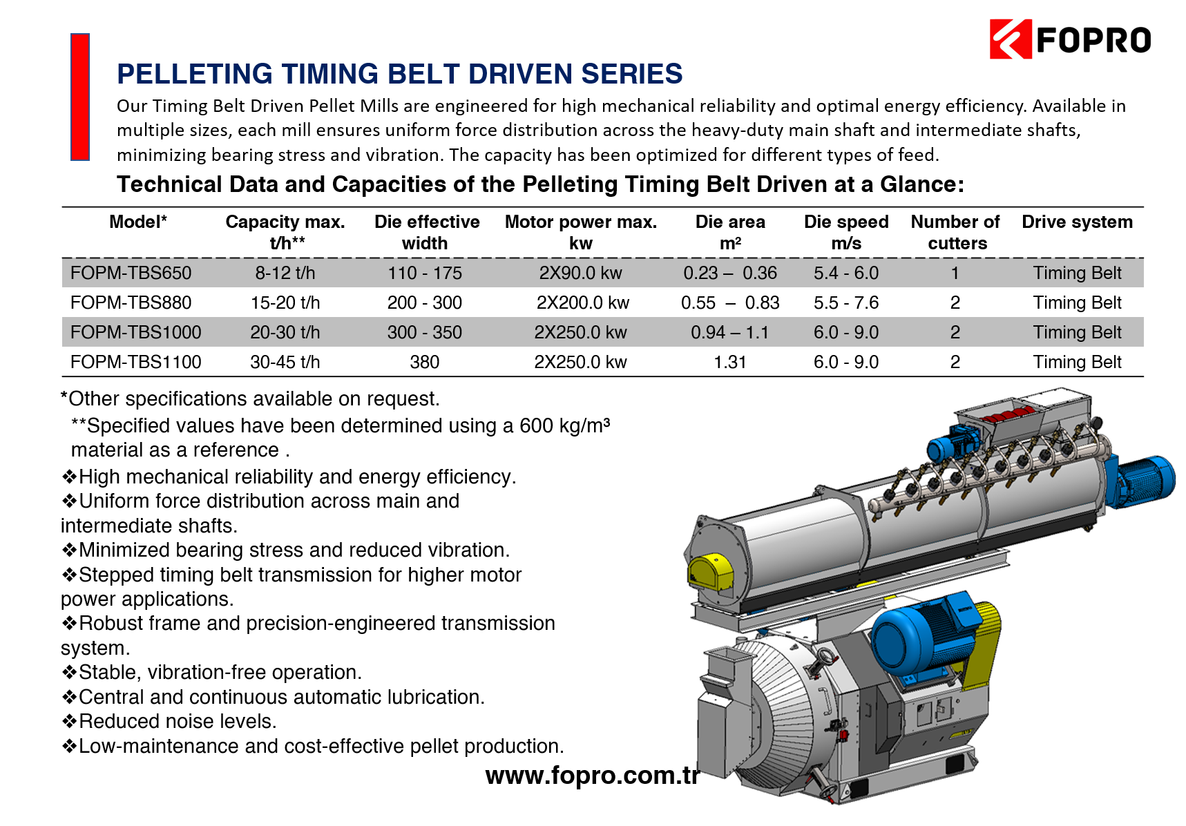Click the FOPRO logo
coord(1071,39)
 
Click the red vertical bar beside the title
coord(80,97)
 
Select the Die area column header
coord(730,232)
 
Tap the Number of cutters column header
coord(955,232)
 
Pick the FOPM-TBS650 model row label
coord(131,273)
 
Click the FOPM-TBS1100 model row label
coord(136,362)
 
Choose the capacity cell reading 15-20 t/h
coord(285,302)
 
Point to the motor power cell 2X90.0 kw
coord(581,273)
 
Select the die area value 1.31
coord(730,362)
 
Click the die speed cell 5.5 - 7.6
coord(846,302)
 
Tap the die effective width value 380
coord(425,362)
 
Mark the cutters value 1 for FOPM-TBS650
coord(955,273)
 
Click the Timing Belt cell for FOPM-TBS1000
coord(1078,332)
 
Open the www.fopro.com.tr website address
coord(593,776)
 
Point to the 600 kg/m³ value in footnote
coord(565,425)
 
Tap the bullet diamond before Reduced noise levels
coord(69,722)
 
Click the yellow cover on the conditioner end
coord(710,573)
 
